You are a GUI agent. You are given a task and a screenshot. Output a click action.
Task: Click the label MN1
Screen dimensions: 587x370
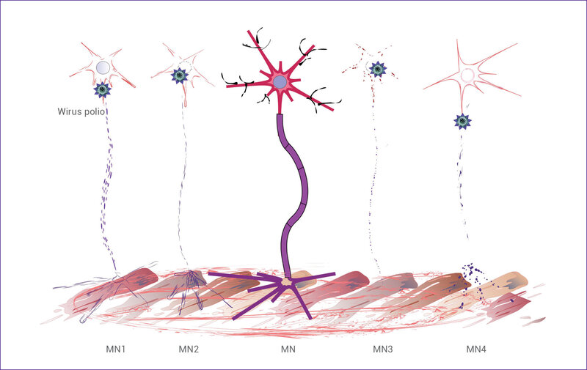click(x=115, y=349)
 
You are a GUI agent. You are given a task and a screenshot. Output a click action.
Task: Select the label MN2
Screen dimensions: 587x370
click(x=189, y=349)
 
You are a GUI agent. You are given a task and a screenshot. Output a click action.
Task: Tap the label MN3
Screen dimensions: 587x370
click(x=382, y=349)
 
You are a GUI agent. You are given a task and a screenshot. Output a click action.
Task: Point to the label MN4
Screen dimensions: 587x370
click(x=476, y=349)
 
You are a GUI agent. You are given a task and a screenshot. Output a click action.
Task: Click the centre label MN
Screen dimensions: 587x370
click(x=288, y=349)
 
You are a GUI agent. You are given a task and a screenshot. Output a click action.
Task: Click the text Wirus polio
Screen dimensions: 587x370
click(x=81, y=111)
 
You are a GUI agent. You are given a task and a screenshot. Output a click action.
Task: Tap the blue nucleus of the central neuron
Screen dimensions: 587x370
click(x=280, y=82)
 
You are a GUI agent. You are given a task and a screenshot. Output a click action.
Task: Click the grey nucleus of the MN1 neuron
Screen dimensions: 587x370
click(x=103, y=67)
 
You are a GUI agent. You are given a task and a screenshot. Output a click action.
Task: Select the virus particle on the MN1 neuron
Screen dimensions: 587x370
click(x=102, y=89)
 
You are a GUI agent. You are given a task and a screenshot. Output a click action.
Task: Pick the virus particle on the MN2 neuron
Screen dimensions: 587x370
click(x=180, y=76)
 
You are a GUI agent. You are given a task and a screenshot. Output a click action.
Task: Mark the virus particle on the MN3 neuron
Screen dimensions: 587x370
click(x=378, y=69)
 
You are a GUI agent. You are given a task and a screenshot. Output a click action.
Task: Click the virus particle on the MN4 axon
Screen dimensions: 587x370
click(x=462, y=122)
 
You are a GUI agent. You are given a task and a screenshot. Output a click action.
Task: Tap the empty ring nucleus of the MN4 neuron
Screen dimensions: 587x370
click(x=467, y=75)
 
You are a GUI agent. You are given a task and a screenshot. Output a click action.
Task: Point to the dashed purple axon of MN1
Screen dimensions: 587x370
click(x=106, y=187)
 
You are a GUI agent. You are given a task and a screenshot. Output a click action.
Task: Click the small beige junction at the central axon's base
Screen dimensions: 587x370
click(x=287, y=281)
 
